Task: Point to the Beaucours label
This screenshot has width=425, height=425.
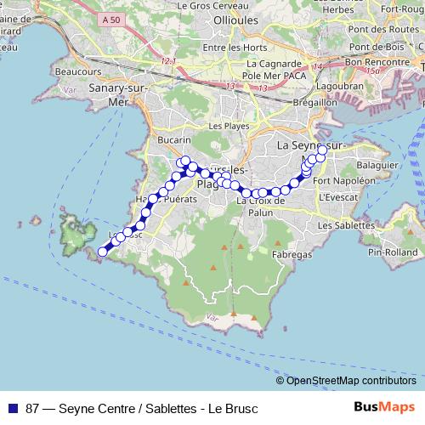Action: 73,72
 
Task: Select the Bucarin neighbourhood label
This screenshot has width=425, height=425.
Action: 174,140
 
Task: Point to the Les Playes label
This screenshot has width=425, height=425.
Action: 226,126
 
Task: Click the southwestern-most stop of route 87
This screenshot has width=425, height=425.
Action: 103,251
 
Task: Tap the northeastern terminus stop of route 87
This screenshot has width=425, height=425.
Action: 322,150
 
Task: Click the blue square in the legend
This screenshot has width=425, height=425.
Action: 11,406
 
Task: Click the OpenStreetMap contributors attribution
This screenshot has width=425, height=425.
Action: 350,381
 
